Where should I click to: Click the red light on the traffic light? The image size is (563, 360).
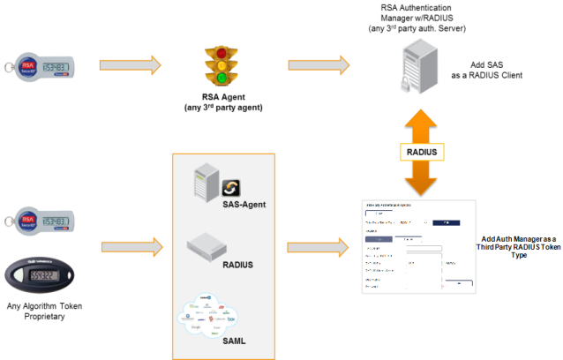(222, 54)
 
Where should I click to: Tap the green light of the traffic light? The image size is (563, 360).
(222, 79)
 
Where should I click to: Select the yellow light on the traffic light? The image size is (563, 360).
(222, 66)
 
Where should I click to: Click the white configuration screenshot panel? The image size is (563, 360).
(418, 246)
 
